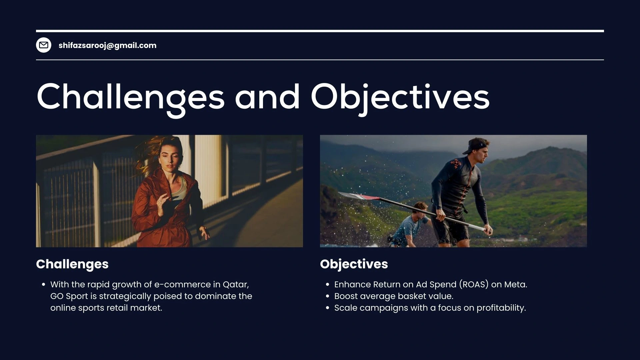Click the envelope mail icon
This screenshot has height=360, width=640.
[44, 45]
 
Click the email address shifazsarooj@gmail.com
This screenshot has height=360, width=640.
[107, 45]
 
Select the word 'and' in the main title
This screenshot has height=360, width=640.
[267, 97]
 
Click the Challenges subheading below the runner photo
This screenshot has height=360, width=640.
[72, 264]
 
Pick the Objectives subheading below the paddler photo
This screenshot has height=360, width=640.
[354, 264]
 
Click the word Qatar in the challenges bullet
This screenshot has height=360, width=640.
[236, 285]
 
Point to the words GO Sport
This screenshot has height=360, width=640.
[69, 296]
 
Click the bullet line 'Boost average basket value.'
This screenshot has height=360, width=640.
[394, 296]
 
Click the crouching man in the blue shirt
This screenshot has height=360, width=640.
[410, 225]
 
